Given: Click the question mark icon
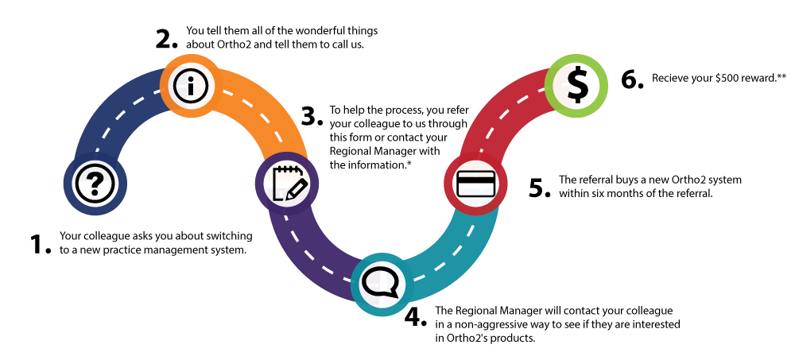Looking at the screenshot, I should (94, 184).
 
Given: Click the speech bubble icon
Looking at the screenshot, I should (381, 281).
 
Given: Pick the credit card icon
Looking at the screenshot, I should (475, 184).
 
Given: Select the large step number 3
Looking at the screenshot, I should (312, 117).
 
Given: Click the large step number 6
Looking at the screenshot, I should (632, 80).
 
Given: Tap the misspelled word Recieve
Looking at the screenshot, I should (671, 79).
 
